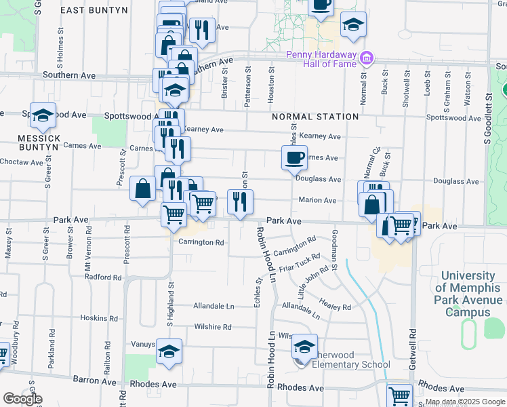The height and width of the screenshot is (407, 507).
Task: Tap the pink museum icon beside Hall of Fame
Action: pyautogui.click(x=367, y=58)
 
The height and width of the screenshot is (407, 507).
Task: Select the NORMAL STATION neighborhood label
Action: pyautogui.click(x=315, y=117)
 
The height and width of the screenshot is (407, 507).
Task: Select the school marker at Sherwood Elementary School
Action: pyautogui.click(x=305, y=349)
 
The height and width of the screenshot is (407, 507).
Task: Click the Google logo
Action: pyautogui.click(x=22, y=399)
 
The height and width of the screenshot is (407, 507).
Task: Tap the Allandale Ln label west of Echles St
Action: pyautogui.click(x=214, y=307)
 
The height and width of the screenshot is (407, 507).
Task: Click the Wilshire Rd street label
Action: pyautogui.click(x=213, y=327)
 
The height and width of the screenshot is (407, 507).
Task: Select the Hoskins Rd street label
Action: pyautogui.click(x=99, y=317)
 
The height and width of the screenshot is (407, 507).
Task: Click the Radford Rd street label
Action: pyautogui.click(x=103, y=277)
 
